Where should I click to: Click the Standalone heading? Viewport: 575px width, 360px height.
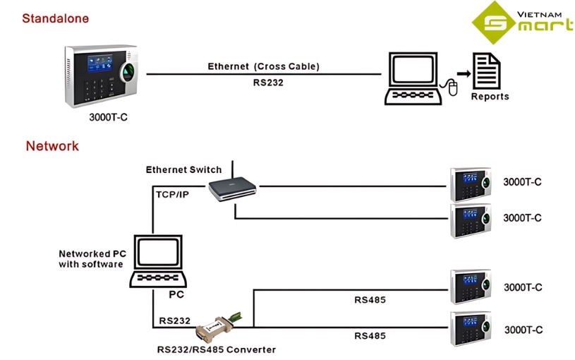click(x=56, y=19)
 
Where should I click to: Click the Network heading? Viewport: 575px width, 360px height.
click(x=52, y=147)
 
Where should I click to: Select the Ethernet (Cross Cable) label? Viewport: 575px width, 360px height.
click(x=263, y=66)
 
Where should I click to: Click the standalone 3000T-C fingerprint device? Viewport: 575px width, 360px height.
click(x=101, y=76)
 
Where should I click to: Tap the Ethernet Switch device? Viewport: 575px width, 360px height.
click(x=232, y=187)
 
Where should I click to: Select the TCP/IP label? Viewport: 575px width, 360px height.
click(x=172, y=194)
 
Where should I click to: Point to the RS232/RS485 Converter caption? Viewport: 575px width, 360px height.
click(x=216, y=349)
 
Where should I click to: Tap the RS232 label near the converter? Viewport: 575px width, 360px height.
click(x=174, y=320)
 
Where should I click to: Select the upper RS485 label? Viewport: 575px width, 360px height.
click(x=370, y=299)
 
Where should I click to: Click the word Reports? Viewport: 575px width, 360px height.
click(x=490, y=97)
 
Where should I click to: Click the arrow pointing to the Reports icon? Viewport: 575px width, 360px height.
click(x=464, y=73)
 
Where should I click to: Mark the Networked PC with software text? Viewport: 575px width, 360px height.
click(x=90, y=259)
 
